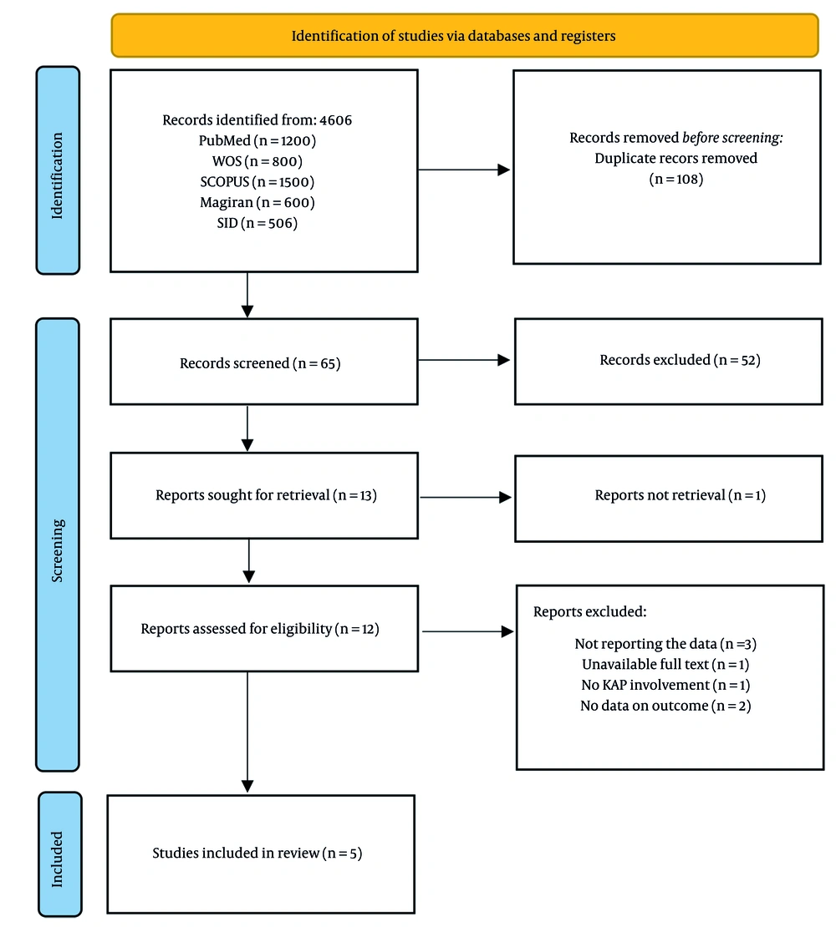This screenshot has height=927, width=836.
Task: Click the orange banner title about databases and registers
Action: click(x=465, y=36)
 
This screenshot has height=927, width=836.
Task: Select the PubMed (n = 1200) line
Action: click(x=257, y=140)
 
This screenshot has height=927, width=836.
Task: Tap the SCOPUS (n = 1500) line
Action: click(x=257, y=181)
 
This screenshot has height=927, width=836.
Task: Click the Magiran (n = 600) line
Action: click(x=257, y=202)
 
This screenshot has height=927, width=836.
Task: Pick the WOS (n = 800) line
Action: click(x=257, y=161)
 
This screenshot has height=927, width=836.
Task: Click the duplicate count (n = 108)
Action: click(x=675, y=178)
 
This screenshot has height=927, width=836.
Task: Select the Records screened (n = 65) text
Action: click(x=260, y=364)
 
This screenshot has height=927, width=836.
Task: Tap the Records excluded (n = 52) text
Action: click(x=680, y=360)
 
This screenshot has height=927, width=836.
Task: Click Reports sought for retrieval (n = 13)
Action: click(x=266, y=495)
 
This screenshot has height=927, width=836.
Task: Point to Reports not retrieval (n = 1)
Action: click(x=680, y=495)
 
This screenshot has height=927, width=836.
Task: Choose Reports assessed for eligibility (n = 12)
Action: click(x=260, y=629)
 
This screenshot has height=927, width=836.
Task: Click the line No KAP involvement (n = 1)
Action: click(x=665, y=685)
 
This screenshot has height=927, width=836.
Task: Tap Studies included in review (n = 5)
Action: click(x=257, y=854)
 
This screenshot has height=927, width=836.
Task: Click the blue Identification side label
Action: click(x=58, y=170)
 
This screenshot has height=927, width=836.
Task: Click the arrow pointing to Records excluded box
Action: click(x=464, y=361)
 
